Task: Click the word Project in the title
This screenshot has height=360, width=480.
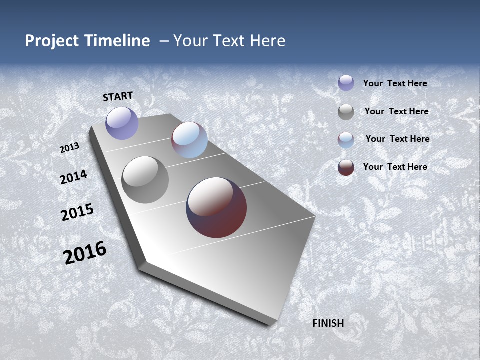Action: point(50,41)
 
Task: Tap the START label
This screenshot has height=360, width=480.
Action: point(118,96)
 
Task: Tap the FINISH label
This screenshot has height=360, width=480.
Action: point(328,323)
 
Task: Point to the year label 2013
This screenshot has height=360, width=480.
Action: point(70,148)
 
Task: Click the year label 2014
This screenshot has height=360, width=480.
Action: point(73,177)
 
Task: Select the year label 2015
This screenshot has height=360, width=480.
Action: point(77,212)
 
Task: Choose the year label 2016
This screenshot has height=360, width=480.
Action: point(85,253)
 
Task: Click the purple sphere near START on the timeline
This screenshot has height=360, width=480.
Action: point(122,123)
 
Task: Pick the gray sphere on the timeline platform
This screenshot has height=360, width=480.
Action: point(145,180)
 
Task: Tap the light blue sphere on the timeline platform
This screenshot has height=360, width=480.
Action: point(189,140)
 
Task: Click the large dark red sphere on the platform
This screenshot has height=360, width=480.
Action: point(216,207)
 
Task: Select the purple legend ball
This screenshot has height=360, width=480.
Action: point(346,83)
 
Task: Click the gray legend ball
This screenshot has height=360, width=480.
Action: point(346,112)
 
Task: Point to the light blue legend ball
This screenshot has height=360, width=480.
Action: point(346,140)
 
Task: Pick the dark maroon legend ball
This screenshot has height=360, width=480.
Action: point(346,167)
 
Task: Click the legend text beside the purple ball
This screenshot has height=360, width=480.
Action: point(395,84)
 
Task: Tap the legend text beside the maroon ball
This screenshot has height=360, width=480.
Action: point(395,167)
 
